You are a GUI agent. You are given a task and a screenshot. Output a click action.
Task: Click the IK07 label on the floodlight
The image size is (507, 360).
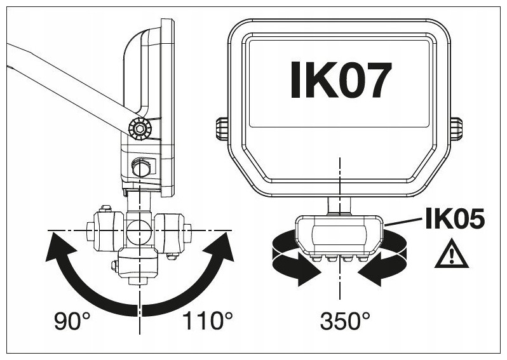pyautogui.click(x=341, y=80)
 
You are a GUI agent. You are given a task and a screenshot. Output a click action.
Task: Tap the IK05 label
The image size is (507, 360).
pyautogui.click(x=455, y=219)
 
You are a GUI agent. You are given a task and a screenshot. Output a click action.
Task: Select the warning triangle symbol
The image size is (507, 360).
pyautogui.click(x=451, y=254)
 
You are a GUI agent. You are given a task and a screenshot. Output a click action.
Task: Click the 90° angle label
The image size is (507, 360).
pyautogui.click(x=72, y=321)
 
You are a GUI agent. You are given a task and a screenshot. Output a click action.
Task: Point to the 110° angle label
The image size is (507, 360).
pyautogui.click(x=207, y=321)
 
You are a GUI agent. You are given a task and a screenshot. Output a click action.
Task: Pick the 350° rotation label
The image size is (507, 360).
pyautogui.click(x=345, y=321)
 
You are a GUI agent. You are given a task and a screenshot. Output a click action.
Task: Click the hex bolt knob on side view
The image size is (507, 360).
pyautogui.click(x=140, y=129)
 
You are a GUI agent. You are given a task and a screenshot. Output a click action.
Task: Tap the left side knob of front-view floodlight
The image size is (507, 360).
pyautogui.click(x=222, y=130)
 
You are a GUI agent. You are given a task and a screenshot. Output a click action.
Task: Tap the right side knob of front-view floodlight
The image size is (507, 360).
pyautogui.click(x=456, y=130)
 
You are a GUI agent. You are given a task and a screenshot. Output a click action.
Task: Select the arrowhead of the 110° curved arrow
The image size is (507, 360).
pyautogui.click(x=220, y=247)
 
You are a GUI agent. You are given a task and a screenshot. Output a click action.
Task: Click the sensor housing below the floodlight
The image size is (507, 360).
pyautogui.click(x=339, y=236)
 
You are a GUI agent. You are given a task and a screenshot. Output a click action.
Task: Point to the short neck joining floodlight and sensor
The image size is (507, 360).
pyautogui.click(x=339, y=206)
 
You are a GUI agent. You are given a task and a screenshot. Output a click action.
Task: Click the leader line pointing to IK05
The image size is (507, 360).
pyautogui.click(x=403, y=222)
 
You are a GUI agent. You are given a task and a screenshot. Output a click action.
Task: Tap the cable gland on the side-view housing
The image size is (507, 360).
pyautogui.click(x=141, y=167)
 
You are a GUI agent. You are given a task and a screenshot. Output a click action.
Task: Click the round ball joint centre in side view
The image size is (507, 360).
pyautogui.click(x=139, y=230)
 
